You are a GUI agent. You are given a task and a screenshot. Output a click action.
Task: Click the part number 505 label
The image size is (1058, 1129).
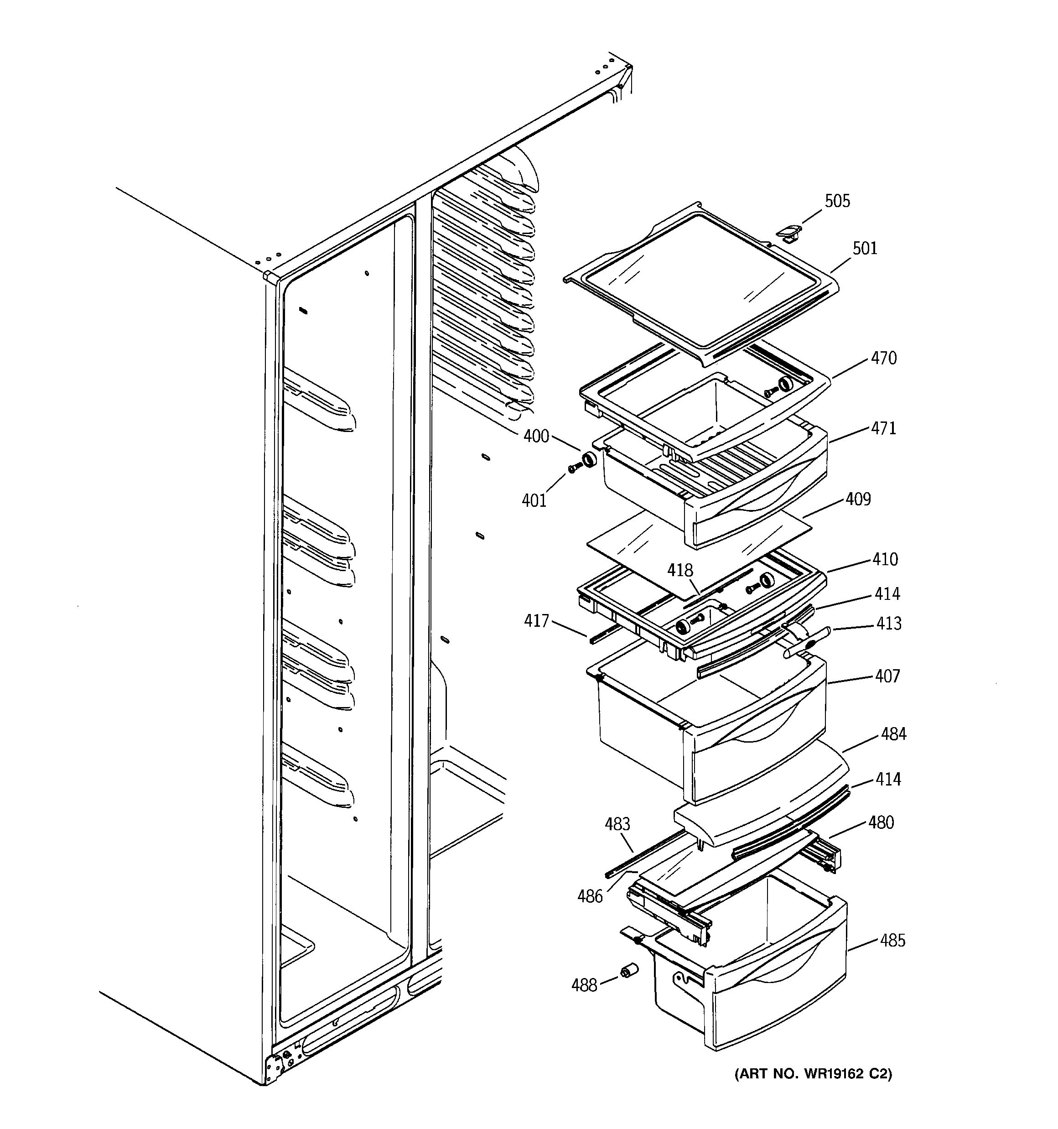point(837,201)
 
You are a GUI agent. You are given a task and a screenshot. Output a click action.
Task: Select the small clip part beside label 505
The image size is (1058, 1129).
point(789,232)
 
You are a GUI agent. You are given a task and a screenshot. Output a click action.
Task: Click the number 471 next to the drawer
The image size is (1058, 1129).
point(884,428)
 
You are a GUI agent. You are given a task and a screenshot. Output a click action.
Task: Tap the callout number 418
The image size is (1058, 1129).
point(680,570)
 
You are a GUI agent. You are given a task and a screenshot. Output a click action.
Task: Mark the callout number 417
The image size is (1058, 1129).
point(536,621)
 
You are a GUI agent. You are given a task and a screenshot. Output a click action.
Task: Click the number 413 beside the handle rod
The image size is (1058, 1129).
point(888,624)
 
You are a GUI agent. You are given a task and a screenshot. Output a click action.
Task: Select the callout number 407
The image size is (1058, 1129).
point(887,676)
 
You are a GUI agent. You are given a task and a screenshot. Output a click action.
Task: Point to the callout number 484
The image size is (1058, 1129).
point(893,734)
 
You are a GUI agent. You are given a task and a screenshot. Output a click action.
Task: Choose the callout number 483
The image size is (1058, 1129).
point(617,823)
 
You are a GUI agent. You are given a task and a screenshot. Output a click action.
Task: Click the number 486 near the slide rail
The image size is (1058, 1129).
point(590,896)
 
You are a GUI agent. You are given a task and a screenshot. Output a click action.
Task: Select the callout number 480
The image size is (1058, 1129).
point(881,822)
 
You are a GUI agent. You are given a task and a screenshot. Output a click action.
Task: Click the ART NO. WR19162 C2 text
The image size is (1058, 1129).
point(813,1074)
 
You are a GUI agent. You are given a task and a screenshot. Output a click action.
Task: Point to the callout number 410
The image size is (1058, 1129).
point(885,559)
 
